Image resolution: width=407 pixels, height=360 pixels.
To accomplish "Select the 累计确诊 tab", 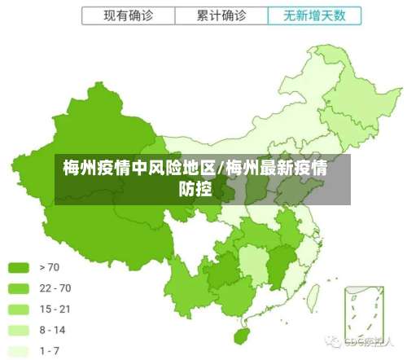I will point(221,15).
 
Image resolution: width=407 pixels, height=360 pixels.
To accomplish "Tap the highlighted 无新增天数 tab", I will point(314,15).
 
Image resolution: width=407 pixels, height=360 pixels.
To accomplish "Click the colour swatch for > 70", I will point(19,266).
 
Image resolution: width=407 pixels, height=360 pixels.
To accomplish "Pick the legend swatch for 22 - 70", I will point(19,288).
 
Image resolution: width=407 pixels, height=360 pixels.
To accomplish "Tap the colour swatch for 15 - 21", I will point(19,309).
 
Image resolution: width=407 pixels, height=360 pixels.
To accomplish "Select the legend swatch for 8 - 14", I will point(19,330).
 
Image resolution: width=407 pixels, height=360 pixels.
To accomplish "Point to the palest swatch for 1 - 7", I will point(19,351).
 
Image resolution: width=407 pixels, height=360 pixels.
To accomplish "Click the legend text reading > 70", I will point(49,266).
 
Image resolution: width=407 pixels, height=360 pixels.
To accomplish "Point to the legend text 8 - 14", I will point(54,330).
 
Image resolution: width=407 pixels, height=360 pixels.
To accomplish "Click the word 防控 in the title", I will point(195,191).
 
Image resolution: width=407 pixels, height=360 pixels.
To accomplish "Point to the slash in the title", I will point(221,169).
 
